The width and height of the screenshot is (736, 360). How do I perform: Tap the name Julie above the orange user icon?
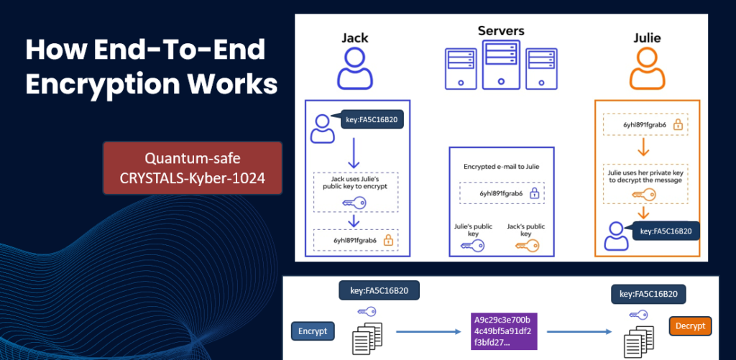(646, 37)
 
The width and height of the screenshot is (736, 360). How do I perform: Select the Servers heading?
(501, 31)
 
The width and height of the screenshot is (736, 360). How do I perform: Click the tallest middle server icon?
(501, 64)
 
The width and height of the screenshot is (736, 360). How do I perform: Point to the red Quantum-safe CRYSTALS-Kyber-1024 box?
(192, 167)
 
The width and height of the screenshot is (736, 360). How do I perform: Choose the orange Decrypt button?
(690, 326)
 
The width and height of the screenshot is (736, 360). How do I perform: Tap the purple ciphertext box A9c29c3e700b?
(501, 331)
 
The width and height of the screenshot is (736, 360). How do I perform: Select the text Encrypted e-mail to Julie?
(501, 166)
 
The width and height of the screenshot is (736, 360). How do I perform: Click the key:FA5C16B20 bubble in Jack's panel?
(372, 120)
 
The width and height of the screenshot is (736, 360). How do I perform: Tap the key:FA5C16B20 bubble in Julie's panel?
(665, 231)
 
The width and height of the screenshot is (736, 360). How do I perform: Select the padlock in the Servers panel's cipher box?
(534, 193)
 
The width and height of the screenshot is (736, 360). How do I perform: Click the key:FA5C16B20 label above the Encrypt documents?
(379, 291)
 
